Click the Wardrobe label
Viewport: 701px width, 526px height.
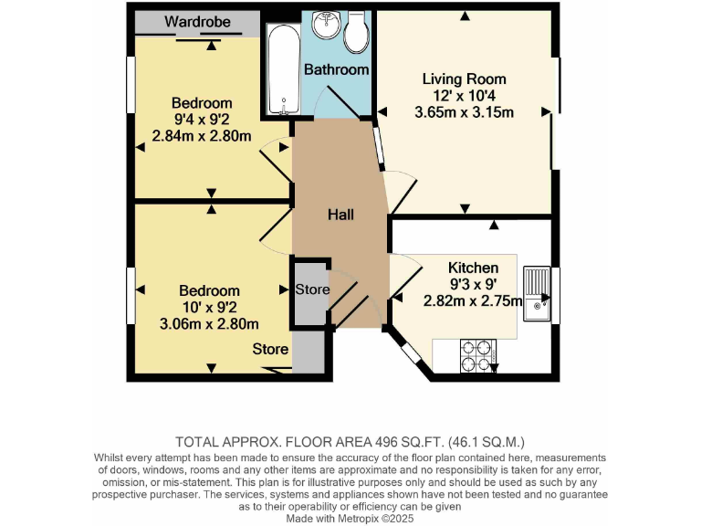click(198, 20)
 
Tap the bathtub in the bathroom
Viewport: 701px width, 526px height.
click(283, 69)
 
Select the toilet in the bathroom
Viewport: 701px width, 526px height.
click(356, 31)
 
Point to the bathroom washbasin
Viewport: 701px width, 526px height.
click(325, 26)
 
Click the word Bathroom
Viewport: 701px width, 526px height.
click(336, 69)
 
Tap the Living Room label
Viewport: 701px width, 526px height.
click(464, 79)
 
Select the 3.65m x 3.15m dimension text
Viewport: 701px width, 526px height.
click(464, 112)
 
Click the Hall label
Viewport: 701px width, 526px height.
click(340, 215)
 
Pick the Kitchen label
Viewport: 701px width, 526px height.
click(473, 268)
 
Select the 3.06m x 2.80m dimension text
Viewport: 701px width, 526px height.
click(209, 323)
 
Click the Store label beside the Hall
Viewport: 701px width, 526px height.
click(312, 289)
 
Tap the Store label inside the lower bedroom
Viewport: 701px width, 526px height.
click(270, 349)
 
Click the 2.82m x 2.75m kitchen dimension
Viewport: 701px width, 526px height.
click(472, 301)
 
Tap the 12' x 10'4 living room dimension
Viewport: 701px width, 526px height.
click(464, 96)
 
